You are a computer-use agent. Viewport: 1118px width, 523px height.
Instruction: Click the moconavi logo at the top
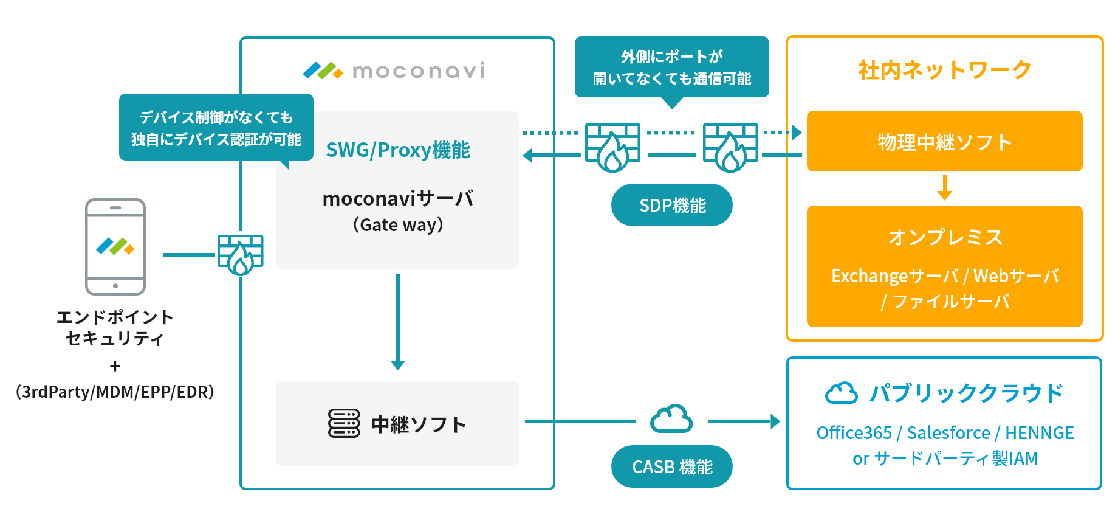394,71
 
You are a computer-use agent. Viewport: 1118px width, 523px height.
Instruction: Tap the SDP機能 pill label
671,205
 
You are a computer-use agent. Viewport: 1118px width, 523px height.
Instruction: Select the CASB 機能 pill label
671,466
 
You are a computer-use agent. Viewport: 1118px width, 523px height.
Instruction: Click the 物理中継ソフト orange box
944,141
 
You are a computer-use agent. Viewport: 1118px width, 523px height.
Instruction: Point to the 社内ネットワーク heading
944,70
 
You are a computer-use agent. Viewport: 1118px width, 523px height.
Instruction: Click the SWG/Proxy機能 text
398,150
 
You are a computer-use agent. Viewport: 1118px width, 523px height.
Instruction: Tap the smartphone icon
115,246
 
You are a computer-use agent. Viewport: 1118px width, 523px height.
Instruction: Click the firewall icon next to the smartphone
241,254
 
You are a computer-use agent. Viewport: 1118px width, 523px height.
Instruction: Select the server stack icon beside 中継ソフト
344,423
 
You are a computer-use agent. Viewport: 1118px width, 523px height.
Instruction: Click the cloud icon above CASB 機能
671,419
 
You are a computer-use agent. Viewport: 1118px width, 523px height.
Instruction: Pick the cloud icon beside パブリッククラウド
841,393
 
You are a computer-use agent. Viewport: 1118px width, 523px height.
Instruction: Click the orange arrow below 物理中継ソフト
944,187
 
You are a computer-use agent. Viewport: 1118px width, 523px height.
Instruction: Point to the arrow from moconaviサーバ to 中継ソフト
398,322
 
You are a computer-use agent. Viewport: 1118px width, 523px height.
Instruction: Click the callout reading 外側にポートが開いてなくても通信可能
671,67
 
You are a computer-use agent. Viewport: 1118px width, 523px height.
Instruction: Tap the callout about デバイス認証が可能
216,128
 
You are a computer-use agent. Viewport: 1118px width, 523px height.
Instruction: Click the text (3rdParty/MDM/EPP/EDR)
115,392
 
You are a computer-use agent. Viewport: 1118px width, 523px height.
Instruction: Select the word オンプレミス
945,237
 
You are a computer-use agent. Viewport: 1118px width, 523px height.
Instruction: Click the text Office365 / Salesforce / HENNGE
945,432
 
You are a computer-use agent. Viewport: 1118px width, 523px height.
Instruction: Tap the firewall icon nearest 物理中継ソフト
730,147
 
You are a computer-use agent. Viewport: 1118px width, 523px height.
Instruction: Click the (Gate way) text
398,225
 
